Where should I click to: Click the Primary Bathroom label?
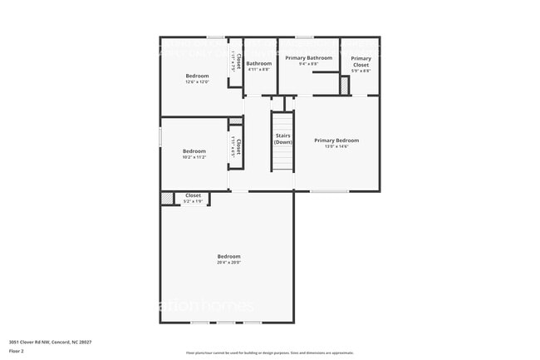[308, 58]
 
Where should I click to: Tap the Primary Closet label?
[361, 61]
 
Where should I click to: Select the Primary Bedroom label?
[336, 141]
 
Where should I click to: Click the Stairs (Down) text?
[283, 139]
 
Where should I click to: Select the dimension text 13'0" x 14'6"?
[336, 146]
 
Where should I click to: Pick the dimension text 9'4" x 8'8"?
[308, 64]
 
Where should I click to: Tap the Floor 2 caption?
[17, 351]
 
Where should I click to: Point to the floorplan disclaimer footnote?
[269, 353]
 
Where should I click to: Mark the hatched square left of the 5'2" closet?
[167, 199]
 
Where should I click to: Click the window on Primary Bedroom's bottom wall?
[329, 191]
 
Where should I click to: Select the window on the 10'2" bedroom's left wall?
[160, 136]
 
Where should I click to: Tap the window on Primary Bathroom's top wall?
[304, 37]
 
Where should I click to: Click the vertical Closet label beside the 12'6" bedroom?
[238, 61]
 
